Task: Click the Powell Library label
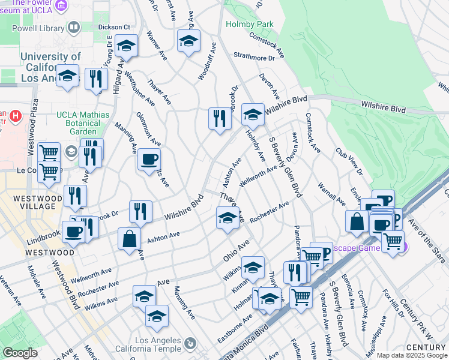(36, 28)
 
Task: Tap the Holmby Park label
(249, 24)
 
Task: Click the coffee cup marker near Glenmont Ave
(149, 160)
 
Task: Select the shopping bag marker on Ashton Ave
(129, 238)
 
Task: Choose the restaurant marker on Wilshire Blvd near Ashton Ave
(139, 211)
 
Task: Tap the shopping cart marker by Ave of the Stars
(393, 241)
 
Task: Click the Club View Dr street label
(349, 161)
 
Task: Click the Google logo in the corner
(20, 353)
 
